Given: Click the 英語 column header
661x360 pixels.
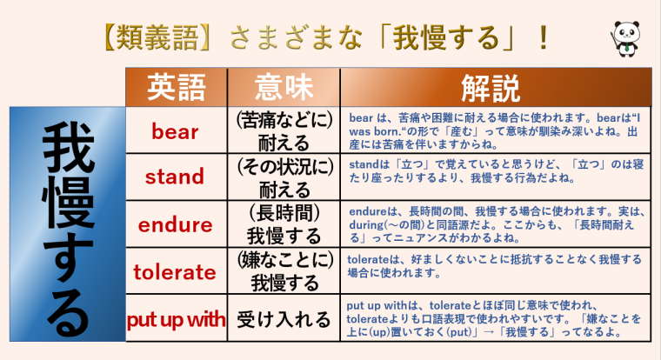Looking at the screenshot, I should pyautogui.click(x=177, y=88).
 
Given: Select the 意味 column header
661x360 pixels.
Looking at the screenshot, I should pyautogui.click(x=284, y=88).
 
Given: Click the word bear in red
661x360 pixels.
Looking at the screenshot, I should pyautogui.click(x=175, y=132).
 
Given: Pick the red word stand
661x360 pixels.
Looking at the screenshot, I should pyautogui.click(x=175, y=178).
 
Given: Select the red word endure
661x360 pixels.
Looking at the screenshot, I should pyautogui.click(x=176, y=225).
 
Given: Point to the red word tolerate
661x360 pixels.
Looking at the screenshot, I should pyautogui.click(x=176, y=272).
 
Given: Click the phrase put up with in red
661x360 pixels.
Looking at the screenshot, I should pyautogui.click(x=176, y=319).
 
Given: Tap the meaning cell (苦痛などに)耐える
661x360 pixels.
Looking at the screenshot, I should pyautogui.click(x=284, y=132).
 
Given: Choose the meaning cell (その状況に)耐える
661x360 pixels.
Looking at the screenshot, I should pyautogui.click(x=284, y=178).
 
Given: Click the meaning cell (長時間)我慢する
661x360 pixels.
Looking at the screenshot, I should pyautogui.click(x=284, y=225).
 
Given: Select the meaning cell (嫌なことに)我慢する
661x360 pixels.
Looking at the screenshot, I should pyautogui.click(x=284, y=272).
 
